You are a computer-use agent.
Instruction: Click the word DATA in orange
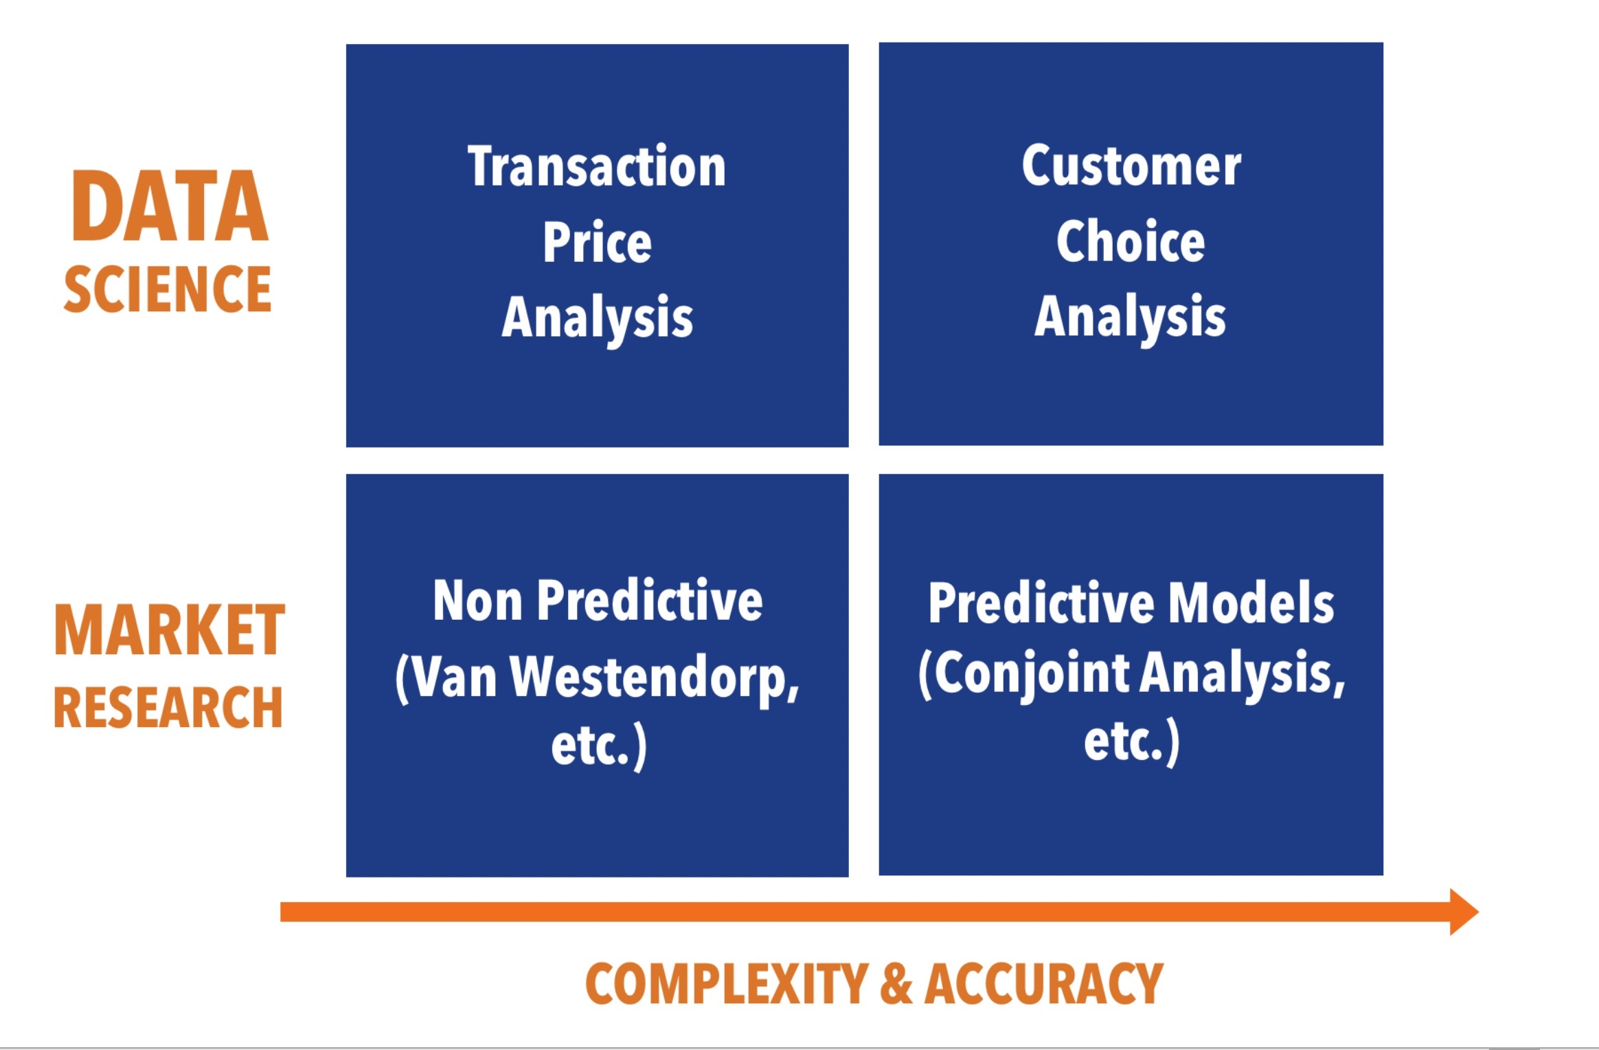[x=170, y=206]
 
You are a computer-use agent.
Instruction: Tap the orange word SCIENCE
[x=168, y=289]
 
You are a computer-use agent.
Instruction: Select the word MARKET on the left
[x=169, y=630]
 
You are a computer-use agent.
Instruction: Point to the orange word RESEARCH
[x=168, y=707]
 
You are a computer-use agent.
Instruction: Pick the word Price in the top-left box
[x=598, y=242]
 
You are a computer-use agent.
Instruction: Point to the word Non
[x=477, y=601]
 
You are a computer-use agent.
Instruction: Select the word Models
[x=1251, y=603]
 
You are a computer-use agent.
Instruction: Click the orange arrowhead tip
[x=1478, y=912]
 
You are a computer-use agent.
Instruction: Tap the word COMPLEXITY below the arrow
[x=727, y=984]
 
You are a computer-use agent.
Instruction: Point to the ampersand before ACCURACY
[x=896, y=984]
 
